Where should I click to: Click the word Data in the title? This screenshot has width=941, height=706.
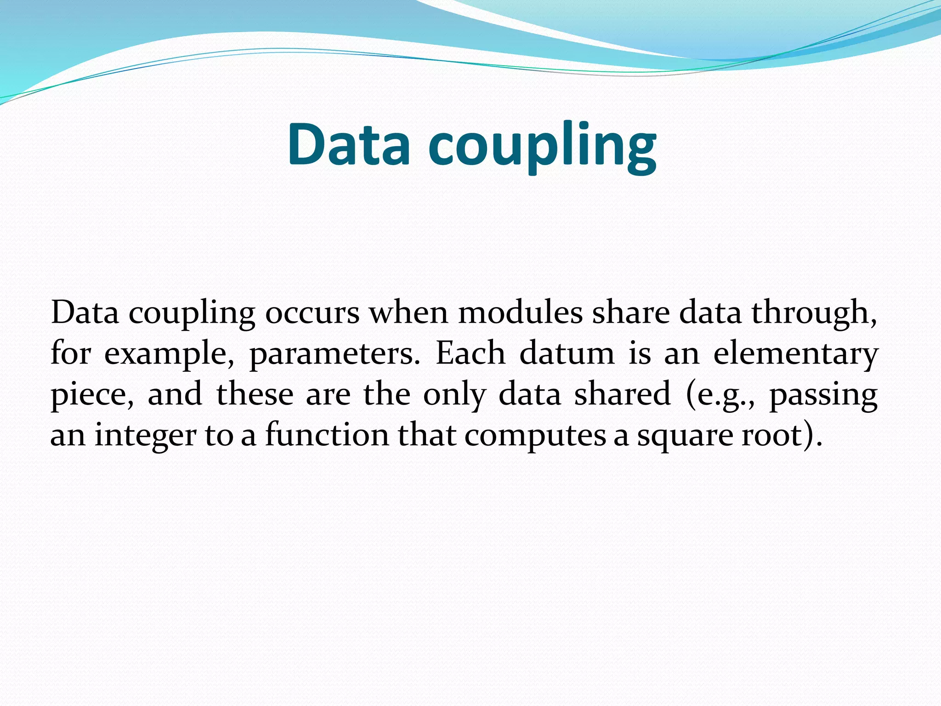point(348,144)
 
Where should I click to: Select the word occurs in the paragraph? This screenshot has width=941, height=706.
point(312,313)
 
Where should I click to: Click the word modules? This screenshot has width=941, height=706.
point(520,313)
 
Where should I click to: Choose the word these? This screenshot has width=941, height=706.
point(255,394)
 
